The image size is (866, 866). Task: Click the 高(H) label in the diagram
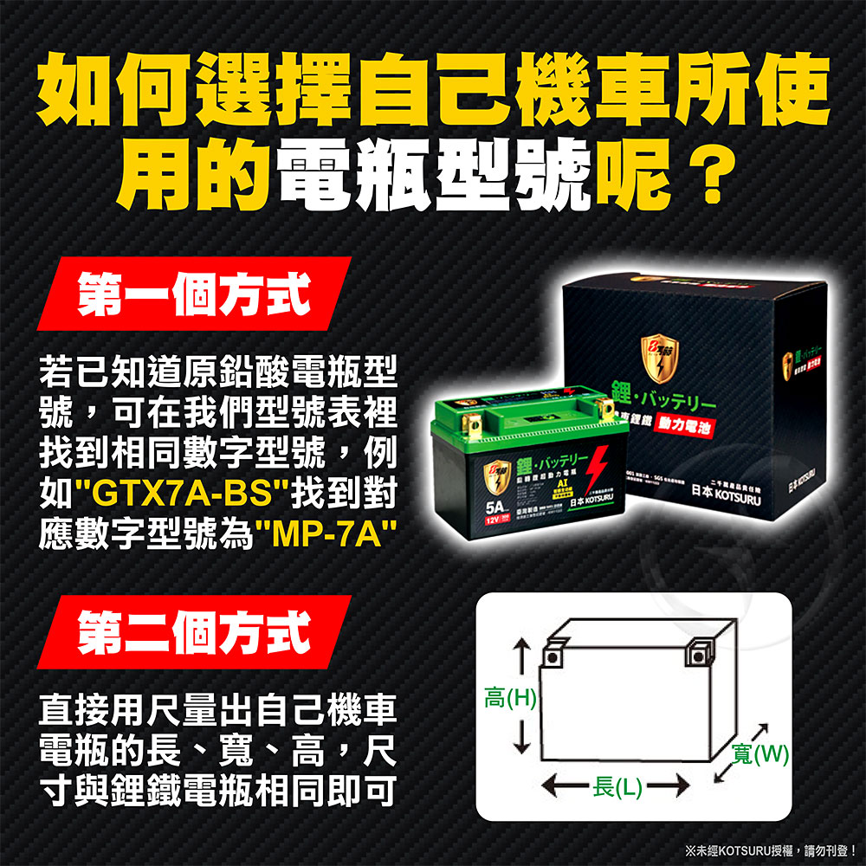[512, 696]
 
